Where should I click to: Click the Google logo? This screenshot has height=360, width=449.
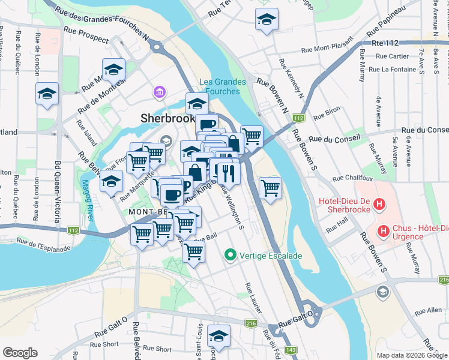19,353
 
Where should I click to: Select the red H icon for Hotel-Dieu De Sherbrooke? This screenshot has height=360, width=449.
379,205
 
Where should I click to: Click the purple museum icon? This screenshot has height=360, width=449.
160,92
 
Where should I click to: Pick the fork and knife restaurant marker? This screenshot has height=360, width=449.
229,173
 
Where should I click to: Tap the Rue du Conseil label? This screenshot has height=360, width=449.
424,130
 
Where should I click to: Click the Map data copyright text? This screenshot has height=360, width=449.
411,355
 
